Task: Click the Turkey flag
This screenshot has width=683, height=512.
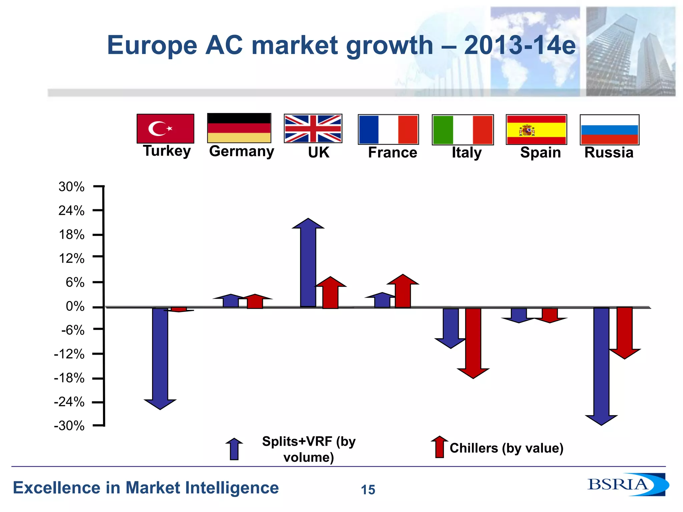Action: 165,128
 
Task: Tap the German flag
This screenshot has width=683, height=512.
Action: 239,128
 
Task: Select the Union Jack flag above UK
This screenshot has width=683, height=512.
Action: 313,128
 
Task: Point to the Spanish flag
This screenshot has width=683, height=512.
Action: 536,130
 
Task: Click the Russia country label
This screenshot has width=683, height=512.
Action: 609,153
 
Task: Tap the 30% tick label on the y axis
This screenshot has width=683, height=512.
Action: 71,187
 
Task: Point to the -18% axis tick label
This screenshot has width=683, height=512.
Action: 69,378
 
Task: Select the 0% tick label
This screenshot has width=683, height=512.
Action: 75,306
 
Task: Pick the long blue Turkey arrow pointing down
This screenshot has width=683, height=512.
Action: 160,357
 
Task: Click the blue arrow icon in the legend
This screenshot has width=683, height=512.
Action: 234,449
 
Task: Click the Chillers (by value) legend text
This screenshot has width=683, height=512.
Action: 506,448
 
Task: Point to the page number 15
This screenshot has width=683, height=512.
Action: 368,490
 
